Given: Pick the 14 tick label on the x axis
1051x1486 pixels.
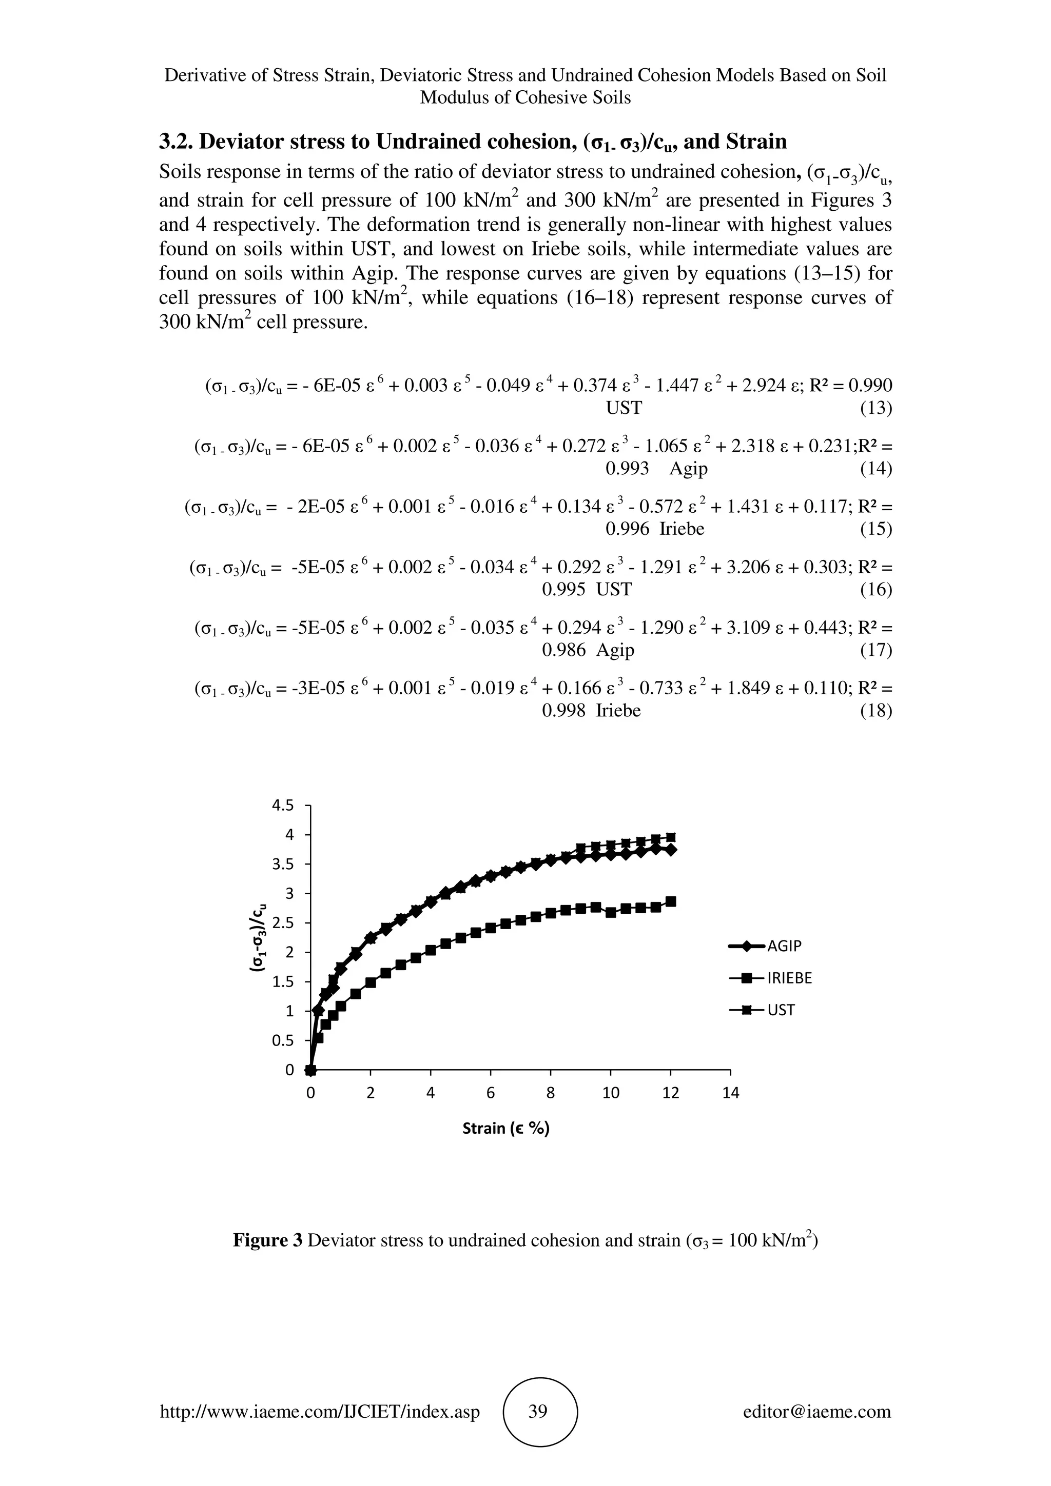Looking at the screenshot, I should (730, 1093).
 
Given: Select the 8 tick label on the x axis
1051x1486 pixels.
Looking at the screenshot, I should (551, 1093).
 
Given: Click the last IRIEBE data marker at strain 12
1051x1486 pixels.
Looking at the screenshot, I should (671, 901).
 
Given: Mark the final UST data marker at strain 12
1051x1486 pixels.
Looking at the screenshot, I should (671, 837).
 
